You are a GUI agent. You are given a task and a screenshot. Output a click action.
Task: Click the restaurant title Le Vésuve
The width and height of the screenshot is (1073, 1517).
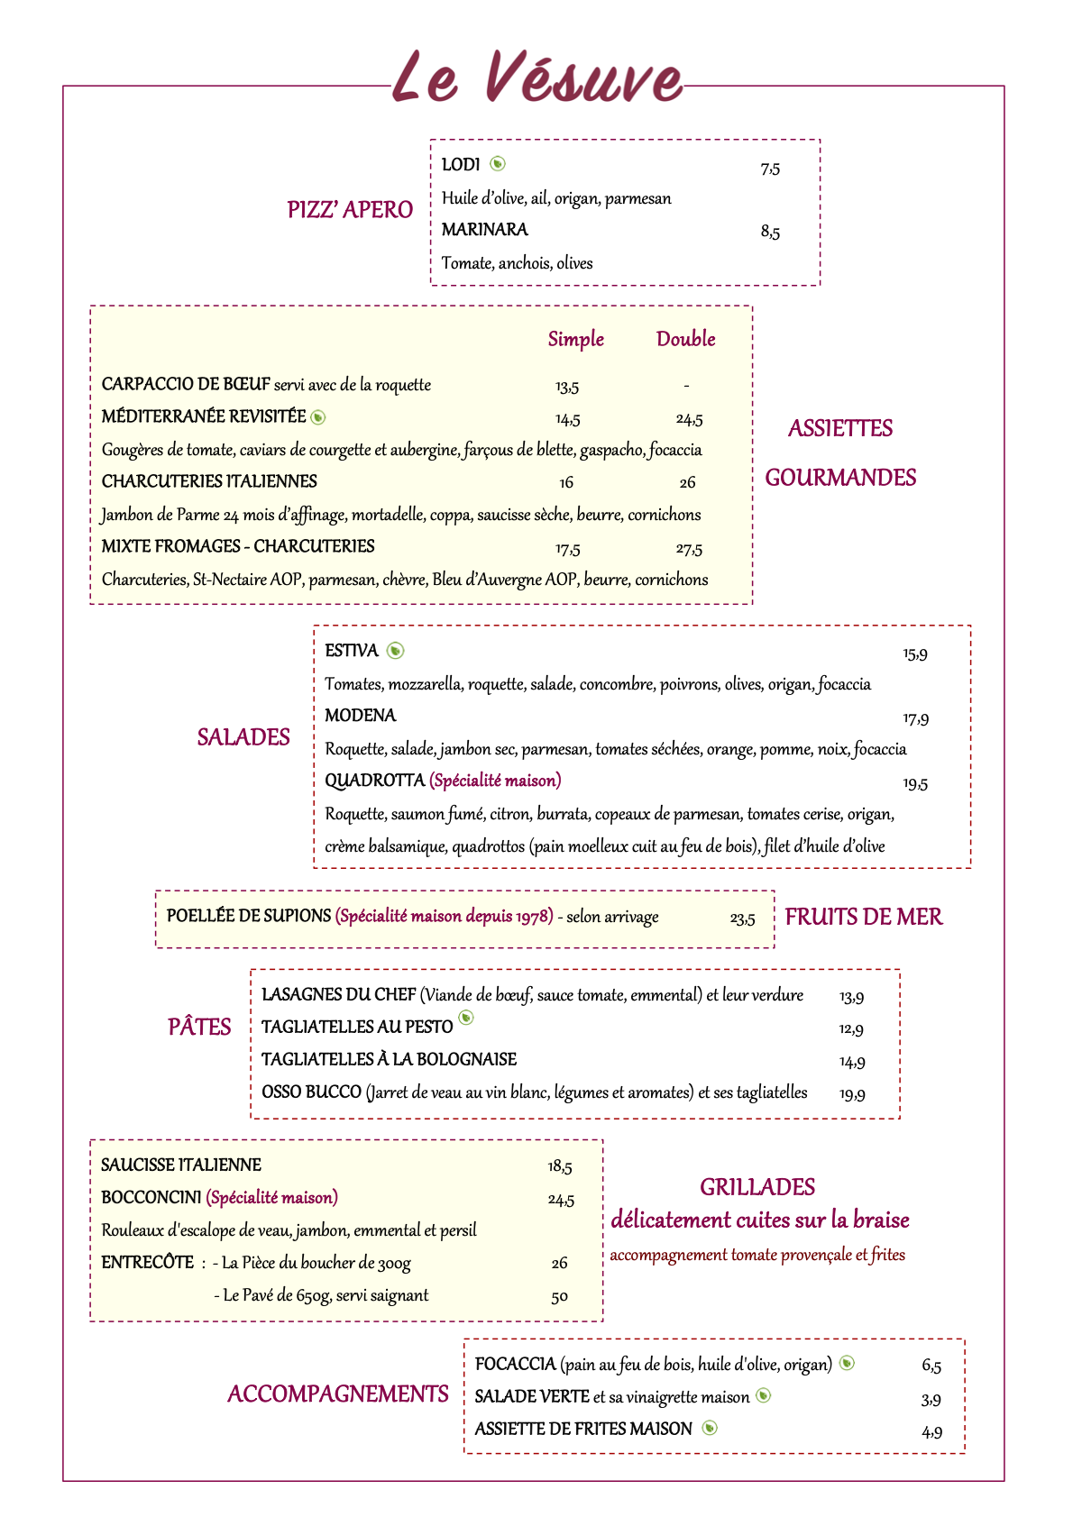(x=537, y=78)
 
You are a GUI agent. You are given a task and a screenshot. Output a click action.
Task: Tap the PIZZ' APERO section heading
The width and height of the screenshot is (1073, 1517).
(x=350, y=210)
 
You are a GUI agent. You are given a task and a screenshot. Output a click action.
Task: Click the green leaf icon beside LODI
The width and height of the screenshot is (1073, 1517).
(x=498, y=164)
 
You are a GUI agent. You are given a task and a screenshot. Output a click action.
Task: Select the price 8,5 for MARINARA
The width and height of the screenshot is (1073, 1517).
(x=770, y=233)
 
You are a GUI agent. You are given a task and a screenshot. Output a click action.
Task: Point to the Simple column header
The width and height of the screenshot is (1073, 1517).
(x=576, y=340)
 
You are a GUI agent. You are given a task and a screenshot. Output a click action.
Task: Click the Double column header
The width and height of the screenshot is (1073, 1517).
(x=685, y=340)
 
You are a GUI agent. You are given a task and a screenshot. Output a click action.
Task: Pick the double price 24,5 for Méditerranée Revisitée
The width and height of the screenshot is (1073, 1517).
(x=689, y=420)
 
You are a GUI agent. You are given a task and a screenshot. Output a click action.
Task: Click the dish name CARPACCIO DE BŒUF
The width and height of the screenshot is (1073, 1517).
(x=186, y=385)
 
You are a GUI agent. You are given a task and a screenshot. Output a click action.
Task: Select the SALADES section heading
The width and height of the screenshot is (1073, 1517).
(x=243, y=738)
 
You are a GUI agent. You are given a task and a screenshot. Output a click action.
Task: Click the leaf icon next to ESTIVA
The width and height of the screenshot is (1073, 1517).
(x=395, y=651)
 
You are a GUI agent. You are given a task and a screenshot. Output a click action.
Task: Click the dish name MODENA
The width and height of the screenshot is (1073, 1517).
(x=361, y=716)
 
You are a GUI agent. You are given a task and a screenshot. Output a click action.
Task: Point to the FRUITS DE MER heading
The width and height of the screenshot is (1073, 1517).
(x=863, y=918)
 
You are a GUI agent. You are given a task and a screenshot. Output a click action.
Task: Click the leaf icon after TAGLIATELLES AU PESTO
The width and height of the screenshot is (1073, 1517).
(x=466, y=1019)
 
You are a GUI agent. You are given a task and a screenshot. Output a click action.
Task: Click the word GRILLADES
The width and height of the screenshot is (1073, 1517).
(x=757, y=1188)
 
